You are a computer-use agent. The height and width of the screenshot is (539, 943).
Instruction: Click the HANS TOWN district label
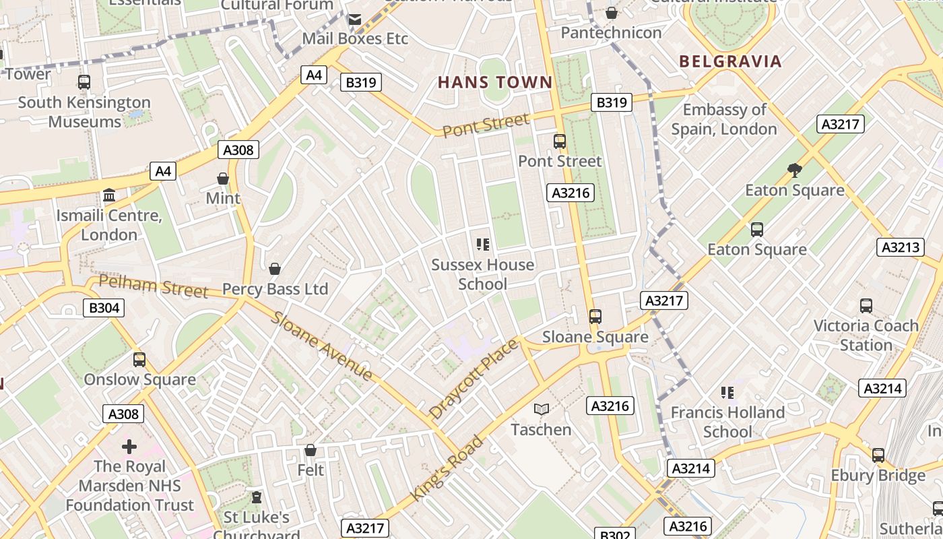[x=495, y=83]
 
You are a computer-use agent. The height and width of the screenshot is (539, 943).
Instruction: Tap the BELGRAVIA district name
[x=730, y=61]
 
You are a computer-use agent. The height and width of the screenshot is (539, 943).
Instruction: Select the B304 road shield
[x=104, y=308]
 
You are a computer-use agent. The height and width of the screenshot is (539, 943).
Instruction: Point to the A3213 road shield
[x=900, y=247]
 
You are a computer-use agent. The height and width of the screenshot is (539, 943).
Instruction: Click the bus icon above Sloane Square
[x=595, y=316]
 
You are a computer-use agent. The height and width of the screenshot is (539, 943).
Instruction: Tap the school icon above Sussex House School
[x=482, y=244]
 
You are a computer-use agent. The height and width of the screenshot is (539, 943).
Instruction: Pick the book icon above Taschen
[x=541, y=409]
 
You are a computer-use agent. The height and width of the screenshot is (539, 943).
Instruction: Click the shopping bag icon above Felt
[x=311, y=449]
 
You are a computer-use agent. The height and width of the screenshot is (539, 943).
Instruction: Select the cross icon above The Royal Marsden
[x=129, y=446]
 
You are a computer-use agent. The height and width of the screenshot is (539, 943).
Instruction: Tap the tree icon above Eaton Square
[x=795, y=170]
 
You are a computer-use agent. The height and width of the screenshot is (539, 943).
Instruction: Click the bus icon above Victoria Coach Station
[x=866, y=306]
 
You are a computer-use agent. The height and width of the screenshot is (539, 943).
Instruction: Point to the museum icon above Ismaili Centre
[x=108, y=195]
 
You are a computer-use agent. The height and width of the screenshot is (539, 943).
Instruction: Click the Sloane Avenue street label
[x=322, y=346]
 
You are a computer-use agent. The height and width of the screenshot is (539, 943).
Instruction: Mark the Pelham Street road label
[x=154, y=286]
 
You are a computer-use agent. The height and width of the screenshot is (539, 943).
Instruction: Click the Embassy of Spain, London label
[x=724, y=119]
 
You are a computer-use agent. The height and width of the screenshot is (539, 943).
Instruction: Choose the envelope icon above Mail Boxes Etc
[x=354, y=20]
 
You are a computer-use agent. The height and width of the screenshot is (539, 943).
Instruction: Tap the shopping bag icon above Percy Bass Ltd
[x=275, y=269]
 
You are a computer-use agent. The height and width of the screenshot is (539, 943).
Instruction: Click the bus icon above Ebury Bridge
[x=878, y=455]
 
